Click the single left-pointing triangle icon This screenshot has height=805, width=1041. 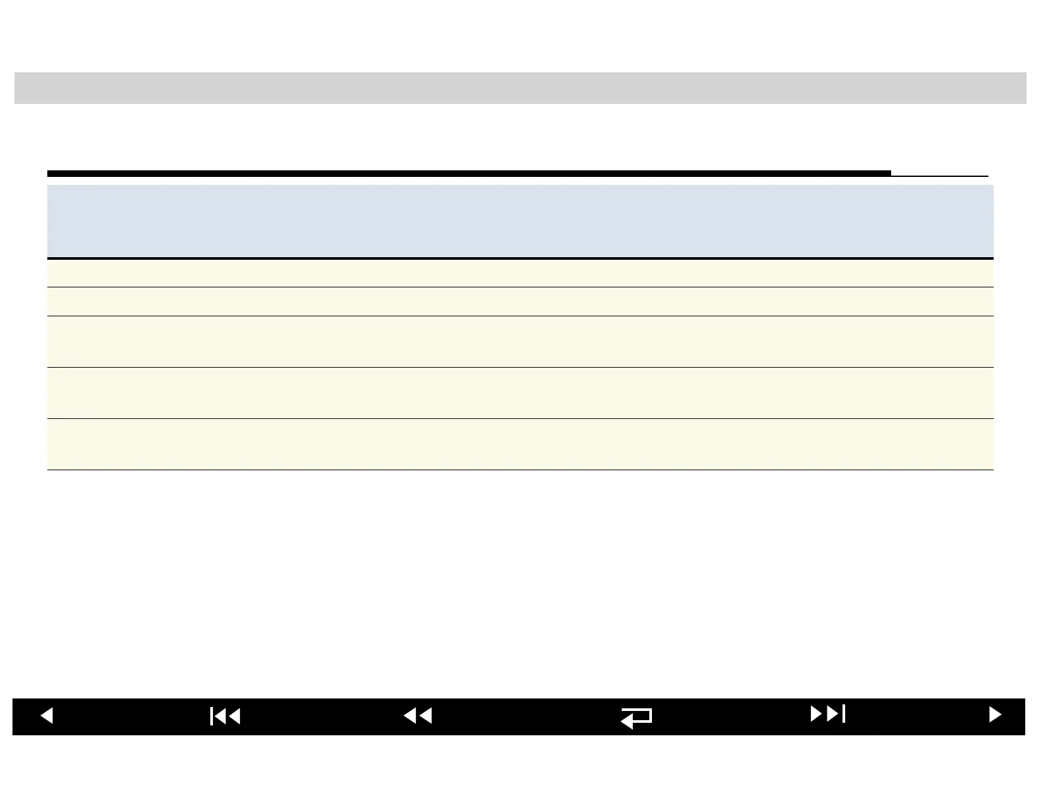47,715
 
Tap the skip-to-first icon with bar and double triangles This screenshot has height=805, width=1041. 225,716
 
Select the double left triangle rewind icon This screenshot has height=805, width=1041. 418,715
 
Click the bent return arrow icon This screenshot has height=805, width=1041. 636,718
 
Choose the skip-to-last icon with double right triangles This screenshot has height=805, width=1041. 827,714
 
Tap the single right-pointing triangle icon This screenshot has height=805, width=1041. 995,714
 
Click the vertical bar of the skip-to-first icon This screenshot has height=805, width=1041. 212,716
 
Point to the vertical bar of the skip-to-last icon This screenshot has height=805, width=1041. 844,714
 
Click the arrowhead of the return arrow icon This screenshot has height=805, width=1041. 626,722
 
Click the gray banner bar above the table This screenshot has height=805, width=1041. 520,88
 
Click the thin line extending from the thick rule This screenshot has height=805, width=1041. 940,176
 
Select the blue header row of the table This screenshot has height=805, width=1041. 520,221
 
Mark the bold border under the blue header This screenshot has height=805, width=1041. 520,258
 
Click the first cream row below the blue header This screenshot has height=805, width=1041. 520,273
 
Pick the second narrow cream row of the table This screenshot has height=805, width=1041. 520,302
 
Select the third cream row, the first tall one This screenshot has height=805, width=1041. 520,342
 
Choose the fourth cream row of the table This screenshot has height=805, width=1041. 520,393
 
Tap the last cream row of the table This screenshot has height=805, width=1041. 520,445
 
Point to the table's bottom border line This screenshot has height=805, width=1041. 520,470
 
